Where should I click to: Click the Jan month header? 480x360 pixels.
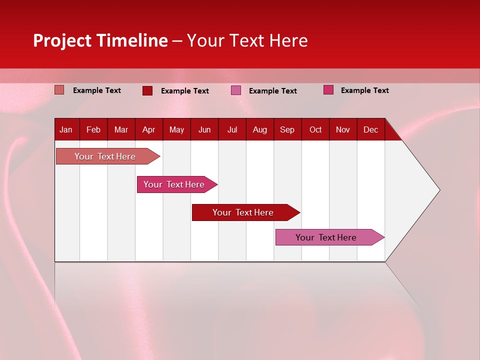[66, 129]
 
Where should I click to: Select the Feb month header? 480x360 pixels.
[93, 129]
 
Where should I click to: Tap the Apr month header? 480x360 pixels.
[149, 129]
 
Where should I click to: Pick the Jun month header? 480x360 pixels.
[204, 129]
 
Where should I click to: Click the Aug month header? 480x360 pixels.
[260, 129]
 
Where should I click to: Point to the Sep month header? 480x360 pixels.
[287, 129]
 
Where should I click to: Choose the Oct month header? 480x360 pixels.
[315, 129]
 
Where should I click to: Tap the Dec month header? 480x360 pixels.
[371, 129]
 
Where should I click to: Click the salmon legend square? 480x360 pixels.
[59, 90]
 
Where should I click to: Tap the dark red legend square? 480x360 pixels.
[147, 90]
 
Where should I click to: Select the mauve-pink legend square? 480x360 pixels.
[236, 90]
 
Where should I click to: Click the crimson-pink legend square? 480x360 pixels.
[328, 90]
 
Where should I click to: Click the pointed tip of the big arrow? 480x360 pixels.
[438, 190]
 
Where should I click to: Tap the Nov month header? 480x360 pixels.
[343, 129]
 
